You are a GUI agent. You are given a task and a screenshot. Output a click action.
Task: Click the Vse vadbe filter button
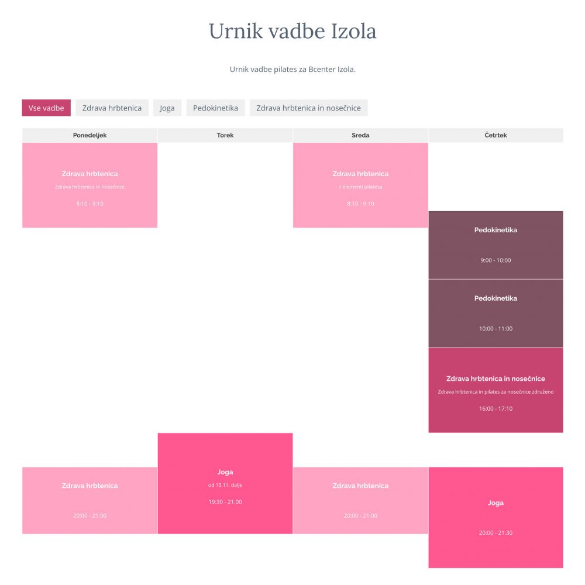46,108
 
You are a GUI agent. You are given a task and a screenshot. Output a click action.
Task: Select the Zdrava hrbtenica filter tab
112,108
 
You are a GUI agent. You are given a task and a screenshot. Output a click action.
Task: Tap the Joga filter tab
167,108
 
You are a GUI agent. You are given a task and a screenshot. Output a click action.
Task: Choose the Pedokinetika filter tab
215,108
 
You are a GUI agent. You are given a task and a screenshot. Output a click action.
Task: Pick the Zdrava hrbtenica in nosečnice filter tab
308,108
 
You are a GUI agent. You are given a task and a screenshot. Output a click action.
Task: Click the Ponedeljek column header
90,135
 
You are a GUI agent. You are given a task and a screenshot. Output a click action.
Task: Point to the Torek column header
225,135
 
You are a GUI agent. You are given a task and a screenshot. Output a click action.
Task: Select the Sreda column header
360,135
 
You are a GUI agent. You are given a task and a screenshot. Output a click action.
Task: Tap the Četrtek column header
496,135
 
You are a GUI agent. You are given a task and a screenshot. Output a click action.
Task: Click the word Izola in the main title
354,31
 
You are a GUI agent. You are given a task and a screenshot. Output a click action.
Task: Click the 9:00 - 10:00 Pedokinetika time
496,260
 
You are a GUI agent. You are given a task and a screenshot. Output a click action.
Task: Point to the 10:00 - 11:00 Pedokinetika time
496,329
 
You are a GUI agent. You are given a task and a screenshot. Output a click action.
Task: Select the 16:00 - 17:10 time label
496,408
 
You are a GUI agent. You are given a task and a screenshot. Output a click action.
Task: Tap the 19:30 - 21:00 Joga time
225,502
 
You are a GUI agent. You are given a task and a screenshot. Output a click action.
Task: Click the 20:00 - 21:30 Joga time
496,533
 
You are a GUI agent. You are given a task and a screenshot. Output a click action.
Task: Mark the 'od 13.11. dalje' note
225,485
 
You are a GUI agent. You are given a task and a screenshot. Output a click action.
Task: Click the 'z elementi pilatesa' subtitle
360,187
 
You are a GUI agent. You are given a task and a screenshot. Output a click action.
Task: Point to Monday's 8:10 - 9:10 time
90,204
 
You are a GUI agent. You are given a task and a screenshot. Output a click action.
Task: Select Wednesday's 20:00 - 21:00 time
360,515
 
